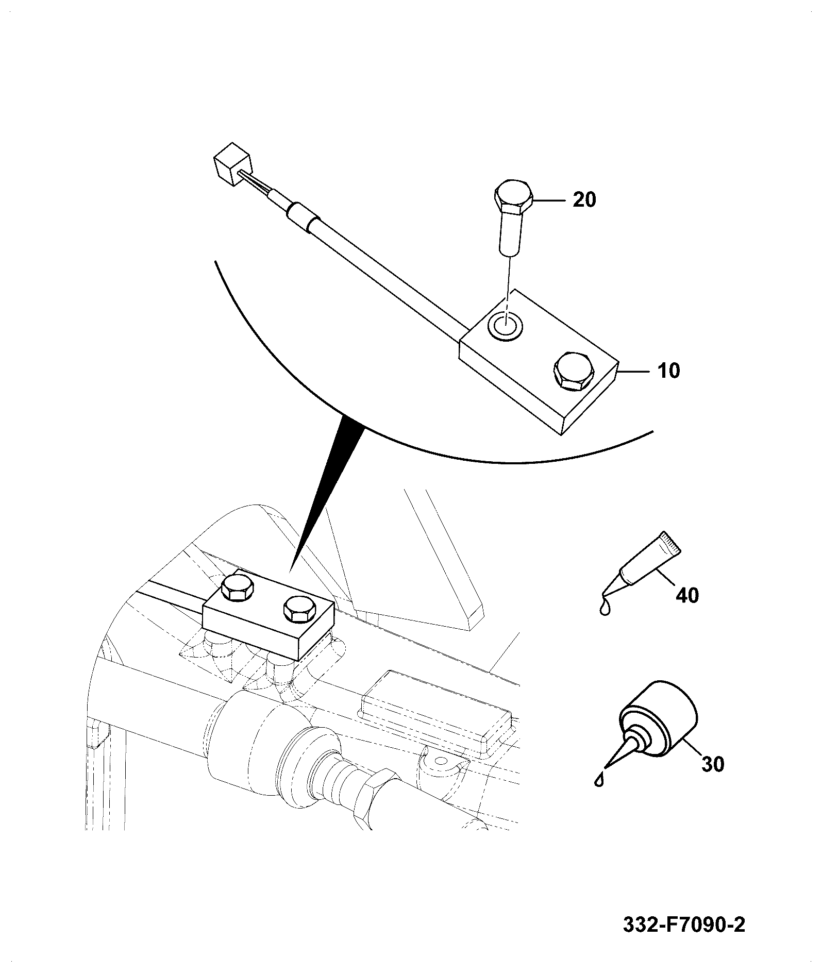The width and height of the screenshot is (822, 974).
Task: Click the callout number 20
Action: coord(584,199)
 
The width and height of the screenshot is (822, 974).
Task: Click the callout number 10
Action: coord(668,371)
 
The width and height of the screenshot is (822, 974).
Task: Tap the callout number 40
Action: coord(687,595)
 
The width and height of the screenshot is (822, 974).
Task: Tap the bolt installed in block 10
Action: coord(573,371)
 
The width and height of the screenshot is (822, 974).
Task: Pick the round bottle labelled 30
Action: coord(659,719)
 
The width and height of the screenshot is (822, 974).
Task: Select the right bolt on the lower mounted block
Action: coord(299,610)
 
